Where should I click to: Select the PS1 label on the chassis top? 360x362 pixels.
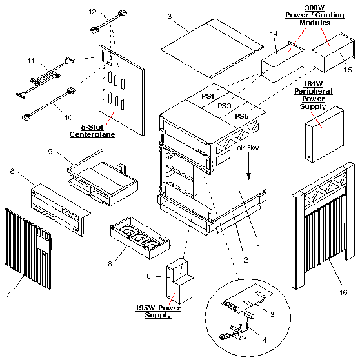pyautogui.click(x=208, y=96)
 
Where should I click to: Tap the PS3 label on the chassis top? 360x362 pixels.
pyautogui.click(x=224, y=106)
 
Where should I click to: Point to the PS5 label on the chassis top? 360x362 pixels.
pyautogui.click(x=241, y=116)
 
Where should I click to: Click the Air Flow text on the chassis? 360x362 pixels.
pyautogui.click(x=249, y=148)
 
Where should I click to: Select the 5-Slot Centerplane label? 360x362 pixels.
pyautogui.click(x=90, y=130)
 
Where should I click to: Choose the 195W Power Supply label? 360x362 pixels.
pyautogui.click(x=154, y=312)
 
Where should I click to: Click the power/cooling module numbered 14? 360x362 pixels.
pyautogui.click(x=283, y=61)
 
